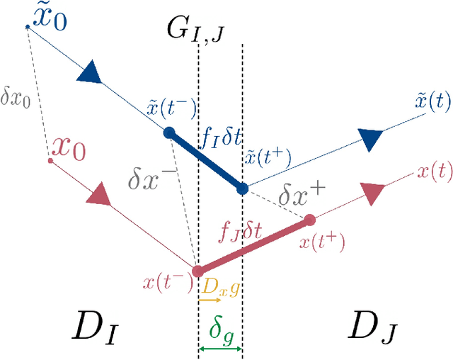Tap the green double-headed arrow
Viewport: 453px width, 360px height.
coord(220,349)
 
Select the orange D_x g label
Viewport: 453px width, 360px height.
coord(220,287)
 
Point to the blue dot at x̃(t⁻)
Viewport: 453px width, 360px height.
coord(168,132)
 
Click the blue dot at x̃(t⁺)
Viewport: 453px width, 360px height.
coord(242,189)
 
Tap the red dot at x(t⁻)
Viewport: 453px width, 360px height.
coord(197,271)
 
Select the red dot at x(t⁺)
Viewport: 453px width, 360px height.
coord(309,220)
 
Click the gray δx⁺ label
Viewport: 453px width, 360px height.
coord(292,192)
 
